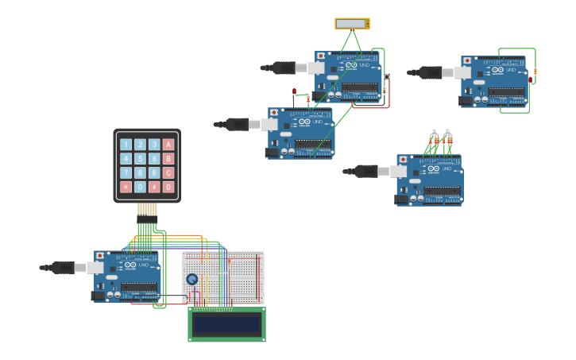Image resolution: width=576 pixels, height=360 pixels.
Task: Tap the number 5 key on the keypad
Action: [140, 159]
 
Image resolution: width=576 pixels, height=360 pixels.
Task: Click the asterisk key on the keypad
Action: [126, 188]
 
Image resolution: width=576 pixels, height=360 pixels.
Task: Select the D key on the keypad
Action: [168, 188]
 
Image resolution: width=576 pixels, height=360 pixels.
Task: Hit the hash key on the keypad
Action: [154, 188]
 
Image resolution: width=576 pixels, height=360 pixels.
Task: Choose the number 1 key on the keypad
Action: [126, 145]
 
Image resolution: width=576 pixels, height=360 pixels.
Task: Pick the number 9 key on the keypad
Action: [154, 173]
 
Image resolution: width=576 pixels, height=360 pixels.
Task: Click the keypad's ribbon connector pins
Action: [147, 211]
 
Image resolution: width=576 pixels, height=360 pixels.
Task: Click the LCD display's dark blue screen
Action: [226, 323]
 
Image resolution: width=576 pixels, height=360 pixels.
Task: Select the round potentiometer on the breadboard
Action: [192, 279]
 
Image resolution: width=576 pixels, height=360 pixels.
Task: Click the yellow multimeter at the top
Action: [352, 24]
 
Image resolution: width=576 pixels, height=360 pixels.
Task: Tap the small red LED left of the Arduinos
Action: [294, 92]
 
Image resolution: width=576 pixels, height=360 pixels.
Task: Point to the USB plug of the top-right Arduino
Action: [430, 72]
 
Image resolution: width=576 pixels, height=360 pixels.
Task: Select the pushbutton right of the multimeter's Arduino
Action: [387, 76]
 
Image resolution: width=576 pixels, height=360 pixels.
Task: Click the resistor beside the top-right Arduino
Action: [535, 72]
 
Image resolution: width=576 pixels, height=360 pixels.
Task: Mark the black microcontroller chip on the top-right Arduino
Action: [506, 91]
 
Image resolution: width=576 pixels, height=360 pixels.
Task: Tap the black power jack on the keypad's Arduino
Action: [98, 296]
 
